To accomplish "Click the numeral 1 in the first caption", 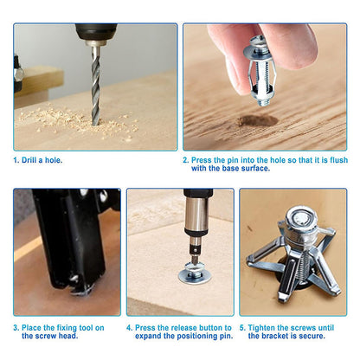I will [16, 159].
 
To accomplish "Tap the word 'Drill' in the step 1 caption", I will [32, 159].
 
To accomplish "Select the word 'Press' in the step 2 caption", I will [204, 159].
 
